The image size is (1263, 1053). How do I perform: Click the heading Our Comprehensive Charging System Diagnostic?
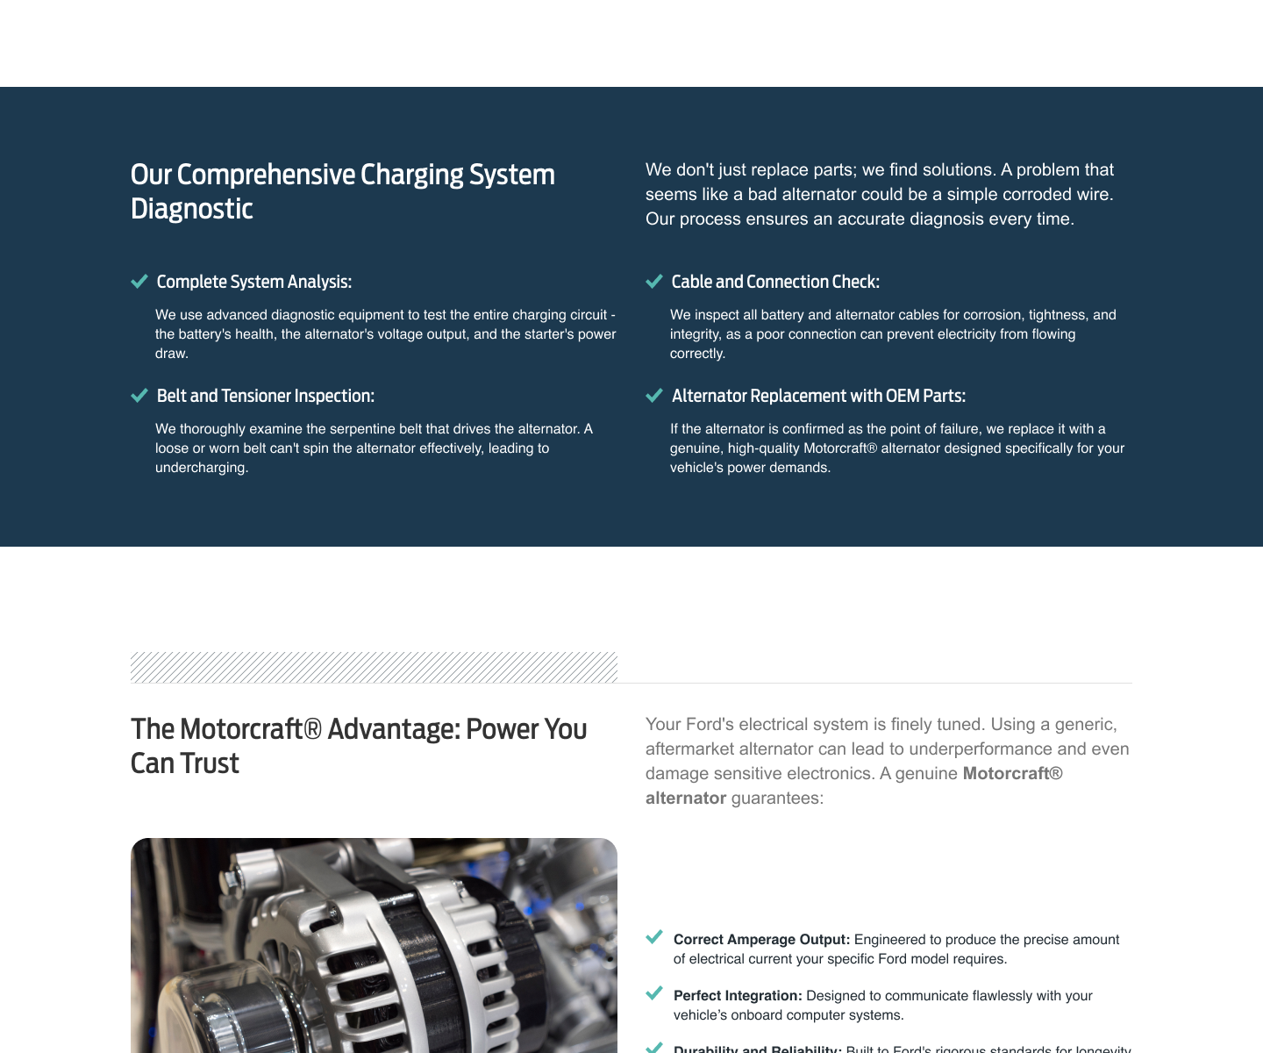coord(342,191)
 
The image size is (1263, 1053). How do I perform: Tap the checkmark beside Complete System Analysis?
coord(139,282)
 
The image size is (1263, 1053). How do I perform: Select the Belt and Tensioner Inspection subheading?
coord(265,396)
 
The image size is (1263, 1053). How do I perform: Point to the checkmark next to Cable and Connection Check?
coord(653,282)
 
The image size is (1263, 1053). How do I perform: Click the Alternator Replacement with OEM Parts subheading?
coord(818,396)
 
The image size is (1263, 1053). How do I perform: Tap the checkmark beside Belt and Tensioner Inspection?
coord(139,396)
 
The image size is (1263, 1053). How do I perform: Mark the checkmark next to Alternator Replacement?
coord(653,396)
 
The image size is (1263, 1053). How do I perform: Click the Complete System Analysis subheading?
coord(253,282)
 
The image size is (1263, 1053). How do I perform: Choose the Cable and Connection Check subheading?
coord(775,282)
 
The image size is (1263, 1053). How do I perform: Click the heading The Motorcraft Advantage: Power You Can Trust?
coord(358,746)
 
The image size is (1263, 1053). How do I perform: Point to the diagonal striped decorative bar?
coord(374,667)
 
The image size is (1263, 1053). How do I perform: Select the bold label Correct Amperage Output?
coord(761,940)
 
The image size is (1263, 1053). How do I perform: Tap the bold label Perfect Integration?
coord(738,996)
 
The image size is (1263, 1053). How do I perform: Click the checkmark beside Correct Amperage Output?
coord(654,937)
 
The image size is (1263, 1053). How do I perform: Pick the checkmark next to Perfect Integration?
coord(654,993)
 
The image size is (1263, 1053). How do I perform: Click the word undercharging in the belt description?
coord(201,468)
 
